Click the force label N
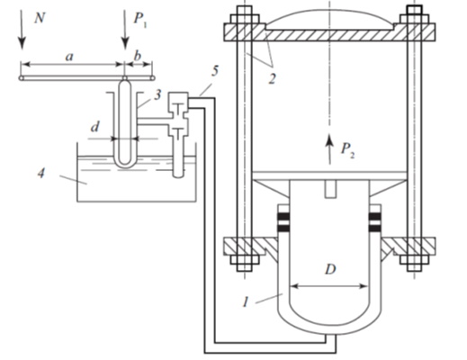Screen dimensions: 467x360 pyautogui.click(x=40, y=19)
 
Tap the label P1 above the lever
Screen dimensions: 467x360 pyautogui.click(x=140, y=20)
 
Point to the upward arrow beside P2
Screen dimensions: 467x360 pyautogui.click(x=329, y=148)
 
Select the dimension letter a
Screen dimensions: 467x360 pyautogui.click(x=69, y=57)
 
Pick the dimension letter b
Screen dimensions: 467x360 pyautogui.click(x=137, y=55)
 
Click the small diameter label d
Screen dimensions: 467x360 pyautogui.click(x=94, y=127)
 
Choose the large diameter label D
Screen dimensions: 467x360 pyautogui.click(x=330, y=269)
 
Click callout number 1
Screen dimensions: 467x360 pyautogui.click(x=246, y=301)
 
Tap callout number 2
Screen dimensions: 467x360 pyautogui.click(x=272, y=78)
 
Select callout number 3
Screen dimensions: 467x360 pyautogui.click(x=157, y=95)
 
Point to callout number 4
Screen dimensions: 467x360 pyautogui.click(x=41, y=173)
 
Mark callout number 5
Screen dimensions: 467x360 pyautogui.click(x=215, y=71)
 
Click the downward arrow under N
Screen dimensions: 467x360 pyautogui.click(x=22, y=30)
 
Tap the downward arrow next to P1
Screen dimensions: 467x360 pyautogui.click(x=125, y=30)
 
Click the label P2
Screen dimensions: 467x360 pyautogui.click(x=348, y=150)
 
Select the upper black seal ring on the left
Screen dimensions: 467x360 pyautogui.click(x=283, y=217)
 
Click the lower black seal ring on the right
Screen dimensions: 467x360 pyautogui.click(x=375, y=229)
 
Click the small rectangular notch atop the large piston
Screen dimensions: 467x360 pyautogui.click(x=330, y=189)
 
